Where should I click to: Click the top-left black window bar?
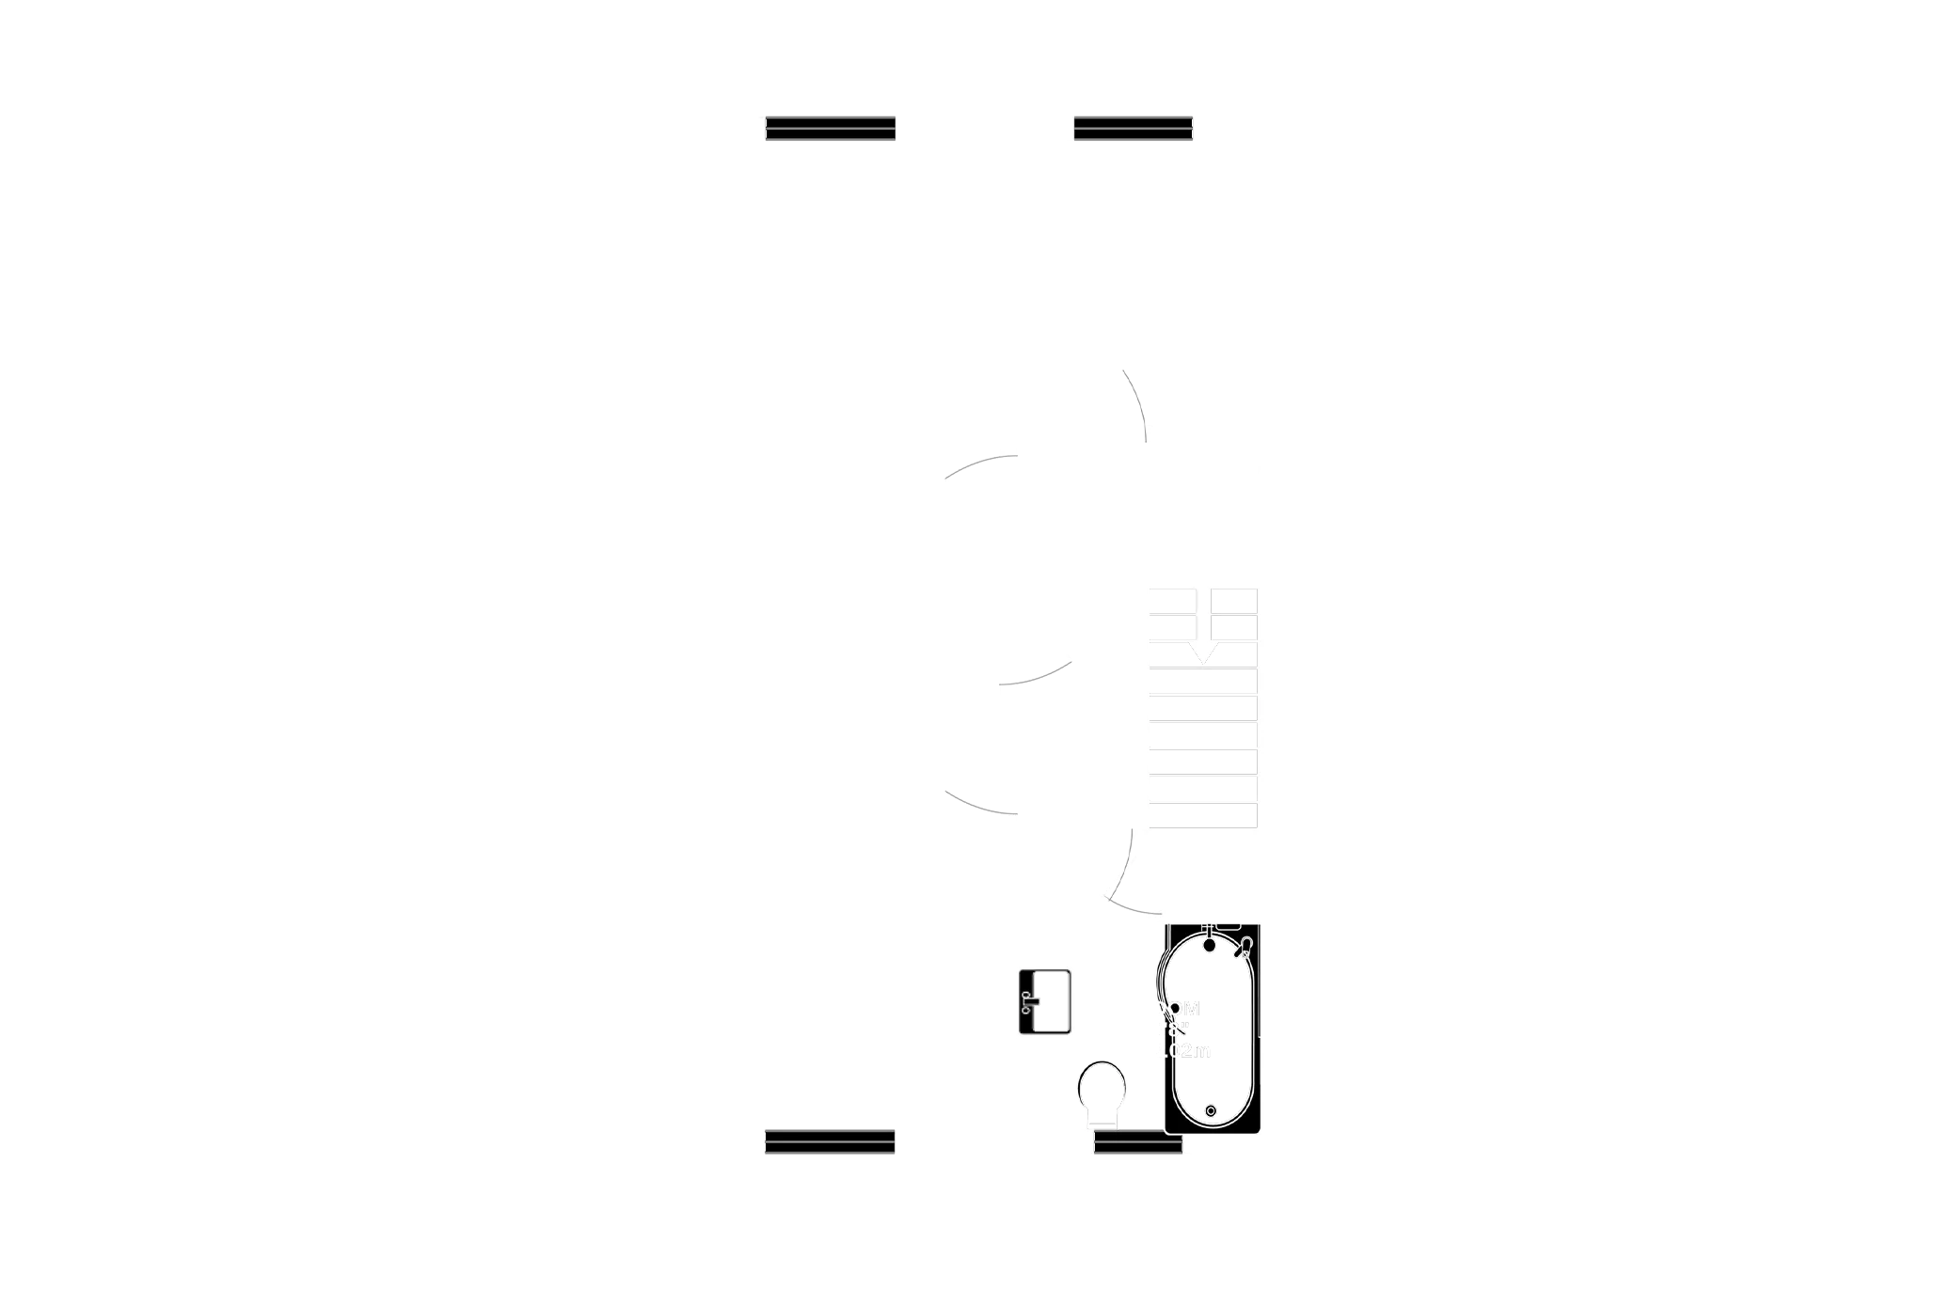[x=830, y=128]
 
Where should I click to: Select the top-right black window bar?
[x=1134, y=128]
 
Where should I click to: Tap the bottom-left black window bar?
[x=829, y=1141]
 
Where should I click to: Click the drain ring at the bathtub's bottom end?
[x=1211, y=1111]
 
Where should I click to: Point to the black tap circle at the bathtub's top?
[x=1211, y=944]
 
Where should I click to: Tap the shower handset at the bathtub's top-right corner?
[x=1245, y=948]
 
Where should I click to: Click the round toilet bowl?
[x=1102, y=1087]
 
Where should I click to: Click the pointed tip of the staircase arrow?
[x=1203, y=662]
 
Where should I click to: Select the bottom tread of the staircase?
[x=1203, y=815]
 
